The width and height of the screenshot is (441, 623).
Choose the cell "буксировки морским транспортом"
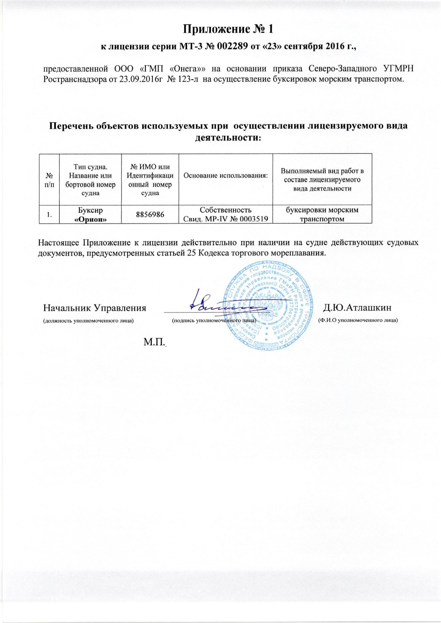click(322, 214)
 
